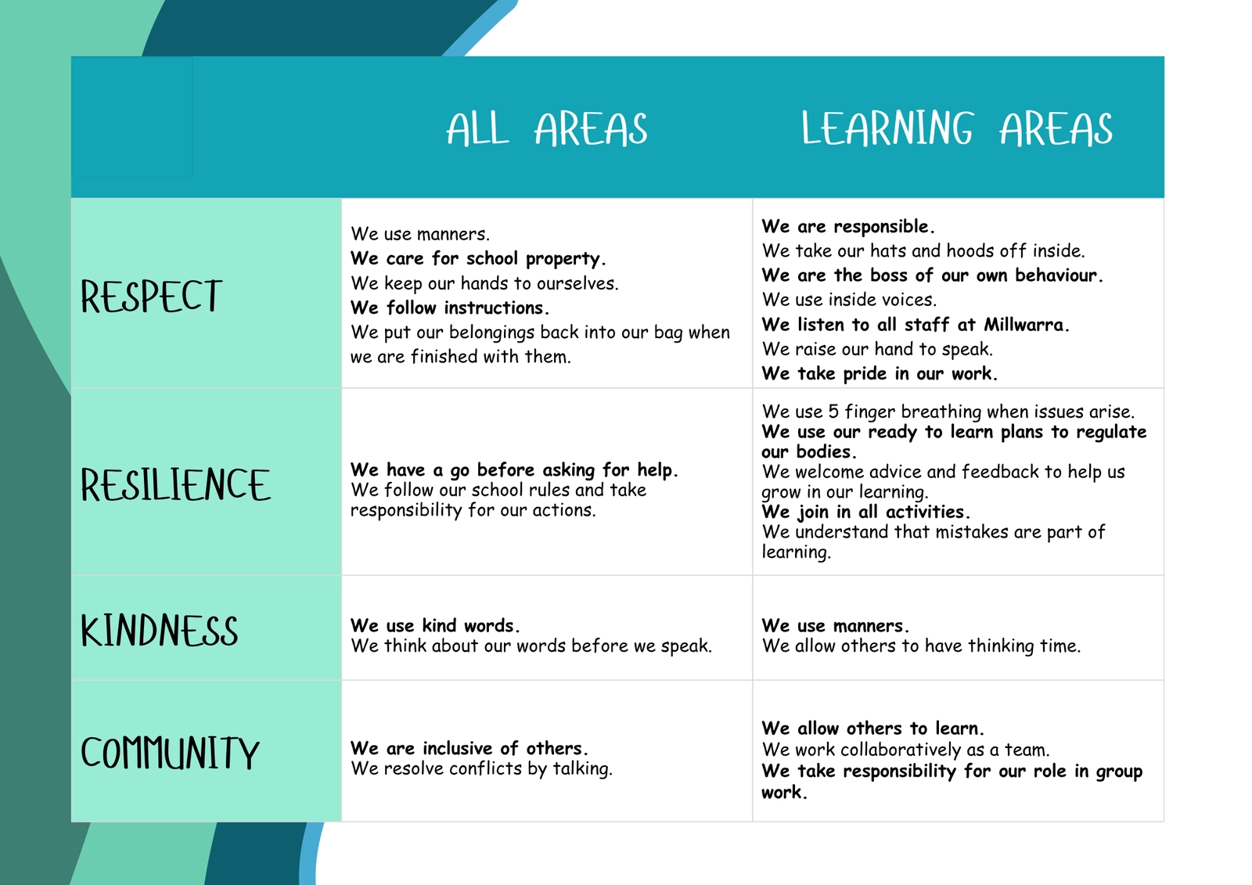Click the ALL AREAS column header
click(547, 129)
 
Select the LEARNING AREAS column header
click(957, 128)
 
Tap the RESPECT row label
click(151, 296)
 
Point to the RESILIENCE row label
click(175, 484)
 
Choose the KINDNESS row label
click(160, 630)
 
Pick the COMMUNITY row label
click(170, 752)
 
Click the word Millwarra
click(1026, 324)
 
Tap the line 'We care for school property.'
click(478, 259)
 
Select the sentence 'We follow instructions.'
click(450, 308)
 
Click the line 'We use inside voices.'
click(849, 300)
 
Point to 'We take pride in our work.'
click(880, 373)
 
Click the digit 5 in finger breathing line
click(833, 412)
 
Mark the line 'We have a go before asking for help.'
click(513, 470)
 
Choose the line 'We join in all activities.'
click(865, 512)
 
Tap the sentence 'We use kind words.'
click(435, 625)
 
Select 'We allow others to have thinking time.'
click(921, 646)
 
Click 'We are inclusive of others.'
click(469, 748)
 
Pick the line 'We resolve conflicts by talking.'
click(481, 768)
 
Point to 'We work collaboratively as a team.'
click(905, 749)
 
